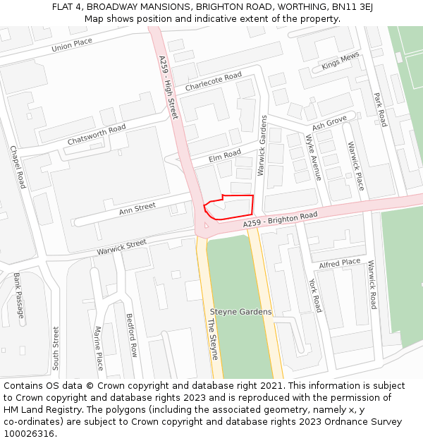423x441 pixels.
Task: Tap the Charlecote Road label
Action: (x=213, y=81)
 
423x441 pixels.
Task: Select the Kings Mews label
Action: (x=341, y=61)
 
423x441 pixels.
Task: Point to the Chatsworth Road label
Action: (x=97, y=134)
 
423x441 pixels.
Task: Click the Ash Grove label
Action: (x=329, y=122)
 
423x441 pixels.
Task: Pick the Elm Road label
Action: (x=224, y=155)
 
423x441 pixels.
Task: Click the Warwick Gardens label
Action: (x=262, y=145)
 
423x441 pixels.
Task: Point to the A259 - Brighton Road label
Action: (x=281, y=220)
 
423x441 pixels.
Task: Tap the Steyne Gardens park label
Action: (x=240, y=312)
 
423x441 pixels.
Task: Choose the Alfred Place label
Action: (x=339, y=264)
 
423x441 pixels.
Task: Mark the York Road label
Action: (x=314, y=295)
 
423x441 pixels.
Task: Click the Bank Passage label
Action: (x=19, y=295)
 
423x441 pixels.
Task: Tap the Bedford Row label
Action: (x=132, y=335)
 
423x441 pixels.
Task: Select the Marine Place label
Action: (x=99, y=348)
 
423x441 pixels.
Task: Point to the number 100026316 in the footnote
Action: (x=30, y=433)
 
